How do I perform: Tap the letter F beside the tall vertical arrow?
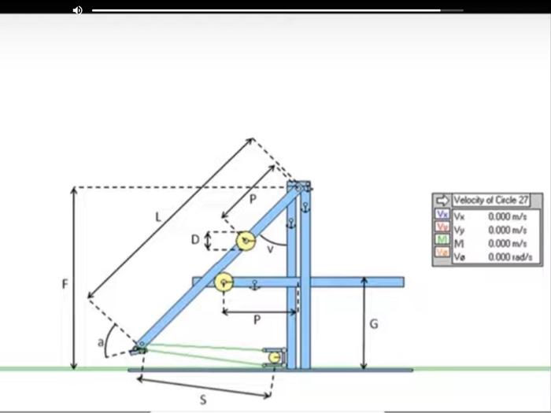[x=65, y=284]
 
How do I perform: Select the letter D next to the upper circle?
[x=195, y=240]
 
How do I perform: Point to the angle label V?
[x=271, y=249]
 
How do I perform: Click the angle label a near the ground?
[x=101, y=342]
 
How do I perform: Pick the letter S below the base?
[x=203, y=400]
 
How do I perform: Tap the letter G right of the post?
[x=374, y=325]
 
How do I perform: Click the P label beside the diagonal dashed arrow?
[x=253, y=200]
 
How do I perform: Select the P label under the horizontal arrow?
[x=257, y=321]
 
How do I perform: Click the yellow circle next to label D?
[x=246, y=240]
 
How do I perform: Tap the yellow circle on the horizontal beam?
[x=224, y=282]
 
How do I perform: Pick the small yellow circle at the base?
[x=274, y=358]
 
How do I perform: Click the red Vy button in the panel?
[x=442, y=229]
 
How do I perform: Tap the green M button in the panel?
[x=442, y=243]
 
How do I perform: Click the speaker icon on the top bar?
[x=77, y=10]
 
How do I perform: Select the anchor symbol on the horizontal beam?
[x=254, y=284]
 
